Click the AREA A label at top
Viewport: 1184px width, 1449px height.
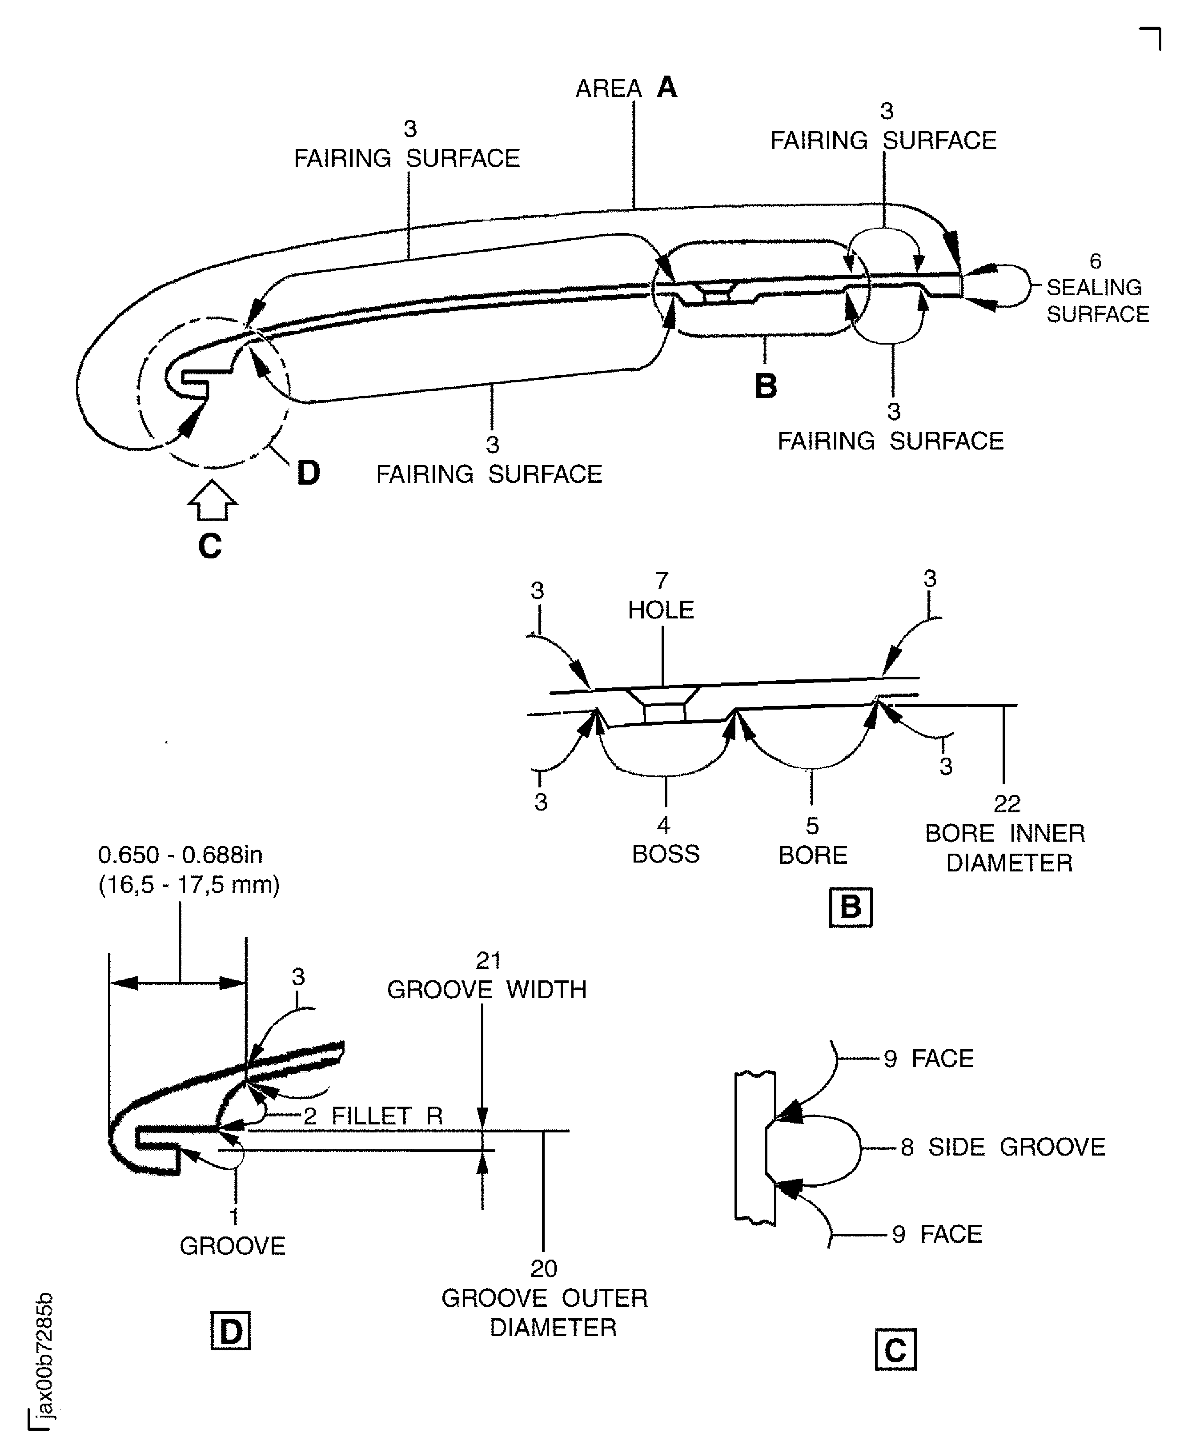[x=626, y=88]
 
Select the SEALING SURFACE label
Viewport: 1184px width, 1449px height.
[x=1097, y=301]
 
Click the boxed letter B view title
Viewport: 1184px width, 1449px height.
[x=851, y=907]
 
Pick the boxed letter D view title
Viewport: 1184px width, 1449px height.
[x=230, y=1330]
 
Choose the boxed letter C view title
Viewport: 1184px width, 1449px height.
[x=895, y=1349]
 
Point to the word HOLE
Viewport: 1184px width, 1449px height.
[x=661, y=610]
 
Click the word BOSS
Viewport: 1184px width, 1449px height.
[x=666, y=855]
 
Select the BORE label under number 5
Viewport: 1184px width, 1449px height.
[x=812, y=855]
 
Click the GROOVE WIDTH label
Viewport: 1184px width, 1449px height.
[x=487, y=989]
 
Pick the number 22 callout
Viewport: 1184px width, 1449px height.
[x=1007, y=804]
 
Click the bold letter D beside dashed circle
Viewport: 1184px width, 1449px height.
[x=308, y=473]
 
